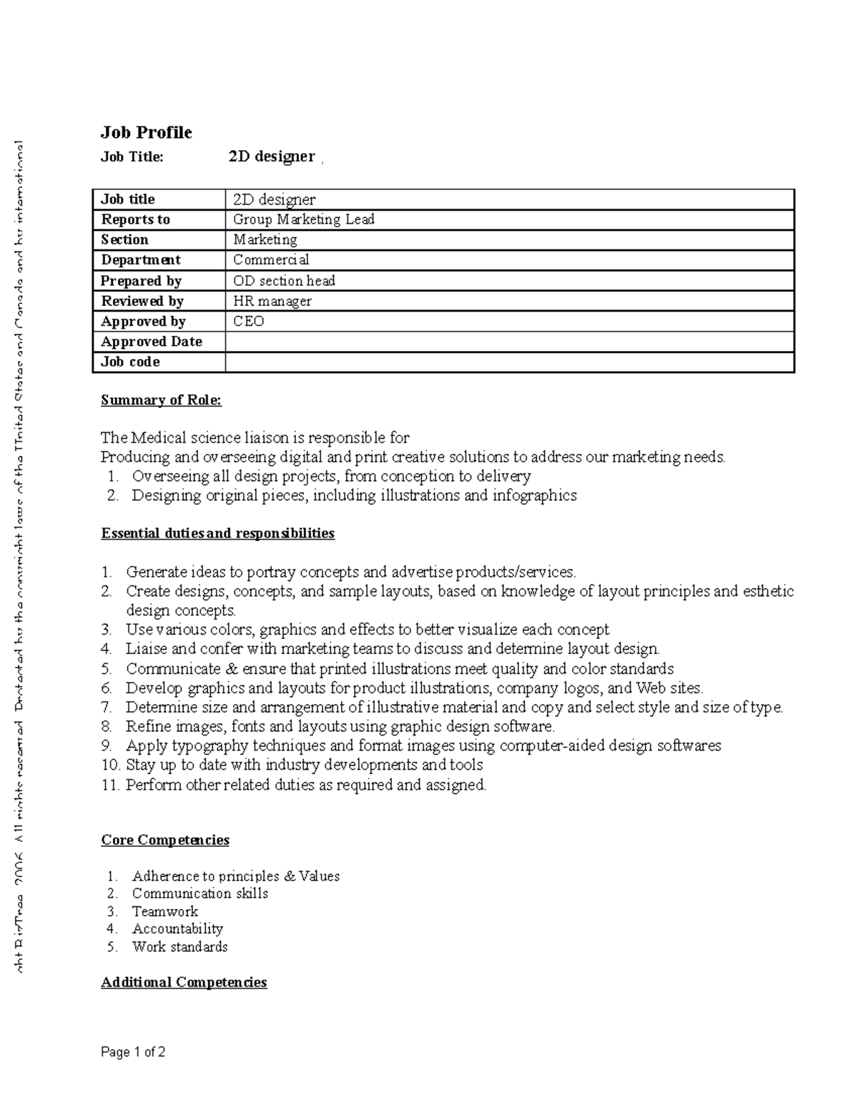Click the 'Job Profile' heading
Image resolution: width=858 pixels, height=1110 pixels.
pyautogui.click(x=146, y=132)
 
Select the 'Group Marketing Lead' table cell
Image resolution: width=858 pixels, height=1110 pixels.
pyautogui.click(x=303, y=219)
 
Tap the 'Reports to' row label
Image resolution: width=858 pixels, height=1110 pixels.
pyautogui.click(x=135, y=219)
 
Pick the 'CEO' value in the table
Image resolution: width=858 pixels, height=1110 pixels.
pyautogui.click(x=248, y=321)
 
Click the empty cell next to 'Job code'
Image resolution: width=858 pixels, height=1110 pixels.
pyautogui.click(x=509, y=362)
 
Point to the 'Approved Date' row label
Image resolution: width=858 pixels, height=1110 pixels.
pyautogui.click(x=151, y=342)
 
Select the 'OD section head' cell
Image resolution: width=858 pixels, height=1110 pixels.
pyautogui.click(x=284, y=281)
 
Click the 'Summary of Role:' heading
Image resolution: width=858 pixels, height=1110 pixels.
pyautogui.click(x=161, y=400)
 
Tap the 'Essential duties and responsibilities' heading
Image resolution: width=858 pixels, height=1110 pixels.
pyautogui.click(x=217, y=533)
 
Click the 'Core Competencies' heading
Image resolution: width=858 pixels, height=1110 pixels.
pyautogui.click(x=164, y=840)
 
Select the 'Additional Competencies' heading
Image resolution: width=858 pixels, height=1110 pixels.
pyautogui.click(x=184, y=982)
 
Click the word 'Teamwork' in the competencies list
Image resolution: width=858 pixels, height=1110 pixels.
pyautogui.click(x=164, y=911)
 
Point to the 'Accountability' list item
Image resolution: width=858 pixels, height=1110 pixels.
pyautogui.click(x=177, y=928)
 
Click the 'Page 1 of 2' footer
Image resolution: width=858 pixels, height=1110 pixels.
pyautogui.click(x=133, y=1052)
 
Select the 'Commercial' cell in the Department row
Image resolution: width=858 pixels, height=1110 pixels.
pyautogui.click(x=271, y=260)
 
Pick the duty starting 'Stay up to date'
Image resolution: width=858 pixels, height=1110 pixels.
pyautogui.click(x=304, y=765)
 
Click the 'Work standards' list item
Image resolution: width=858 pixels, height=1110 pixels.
pyautogui.click(x=179, y=946)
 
